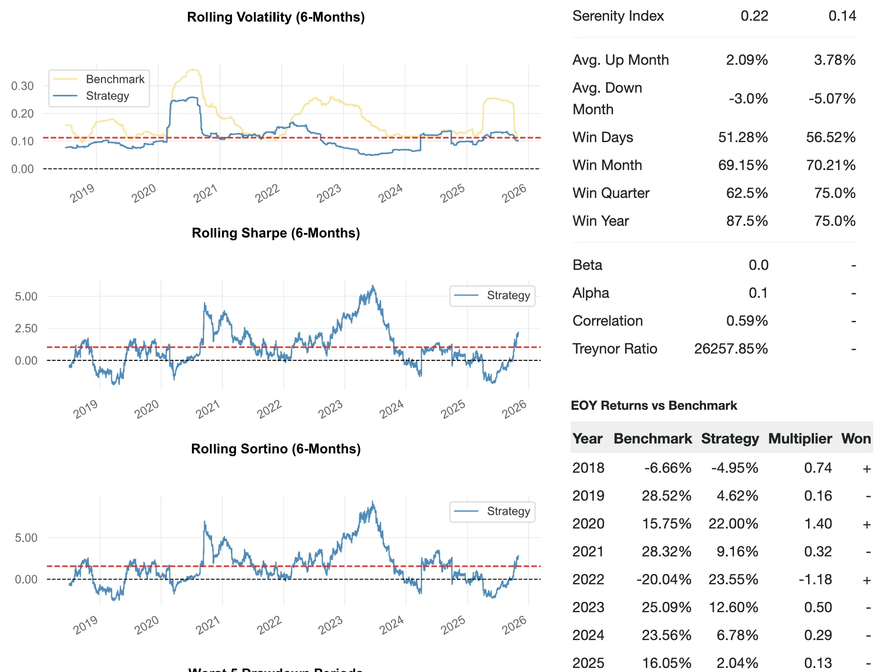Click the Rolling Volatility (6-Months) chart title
(x=276, y=17)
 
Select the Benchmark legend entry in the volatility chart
(x=115, y=79)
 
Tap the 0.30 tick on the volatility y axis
(x=22, y=86)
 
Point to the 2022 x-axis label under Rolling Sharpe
(x=269, y=409)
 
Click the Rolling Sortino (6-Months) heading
(x=276, y=449)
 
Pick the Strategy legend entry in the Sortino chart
(x=508, y=511)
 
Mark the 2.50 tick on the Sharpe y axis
(x=26, y=328)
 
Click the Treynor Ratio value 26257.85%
(x=731, y=349)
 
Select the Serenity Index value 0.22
(x=754, y=16)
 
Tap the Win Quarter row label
(x=611, y=193)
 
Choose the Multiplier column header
(x=800, y=439)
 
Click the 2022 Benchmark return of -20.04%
(x=663, y=579)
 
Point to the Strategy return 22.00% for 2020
(x=733, y=524)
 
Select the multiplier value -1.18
(x=815, y=579)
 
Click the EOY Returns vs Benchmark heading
(x=654, y=406)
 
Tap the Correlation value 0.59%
(x=747, y=321)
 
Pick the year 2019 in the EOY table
(x=588, y=496)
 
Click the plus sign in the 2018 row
(x=867, y=469)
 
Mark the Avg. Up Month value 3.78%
(x=835, y=60)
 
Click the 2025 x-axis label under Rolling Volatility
(x=452, y=193)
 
